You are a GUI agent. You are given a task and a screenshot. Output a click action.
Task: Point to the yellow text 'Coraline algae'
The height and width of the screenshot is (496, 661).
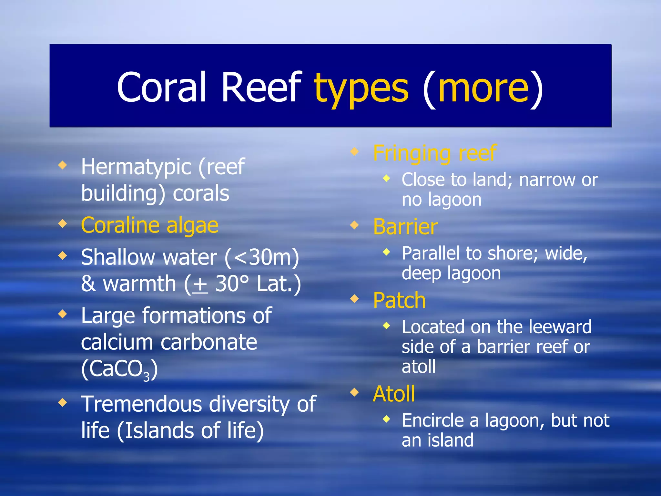tap(150, 225)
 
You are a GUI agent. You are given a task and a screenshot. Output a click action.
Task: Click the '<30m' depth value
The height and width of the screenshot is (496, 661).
tap(262, 258)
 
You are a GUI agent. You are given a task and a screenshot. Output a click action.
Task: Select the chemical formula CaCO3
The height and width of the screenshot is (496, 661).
tap(119, 369)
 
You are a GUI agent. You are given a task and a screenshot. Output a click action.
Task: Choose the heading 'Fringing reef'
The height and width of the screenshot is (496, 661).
tap(434, 153)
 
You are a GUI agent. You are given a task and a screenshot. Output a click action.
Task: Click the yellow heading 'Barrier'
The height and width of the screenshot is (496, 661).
tap(405, 227)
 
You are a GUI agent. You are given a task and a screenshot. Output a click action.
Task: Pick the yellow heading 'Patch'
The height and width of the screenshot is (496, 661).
tap(399, 300)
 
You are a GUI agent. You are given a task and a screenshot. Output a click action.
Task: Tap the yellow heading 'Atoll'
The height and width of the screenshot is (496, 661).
tap(394, 394)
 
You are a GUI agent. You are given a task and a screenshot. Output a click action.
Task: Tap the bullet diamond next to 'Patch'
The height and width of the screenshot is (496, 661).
tap(354, 299)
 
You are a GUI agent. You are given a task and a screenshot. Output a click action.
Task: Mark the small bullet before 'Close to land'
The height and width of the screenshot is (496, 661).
tap(386, 178)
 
